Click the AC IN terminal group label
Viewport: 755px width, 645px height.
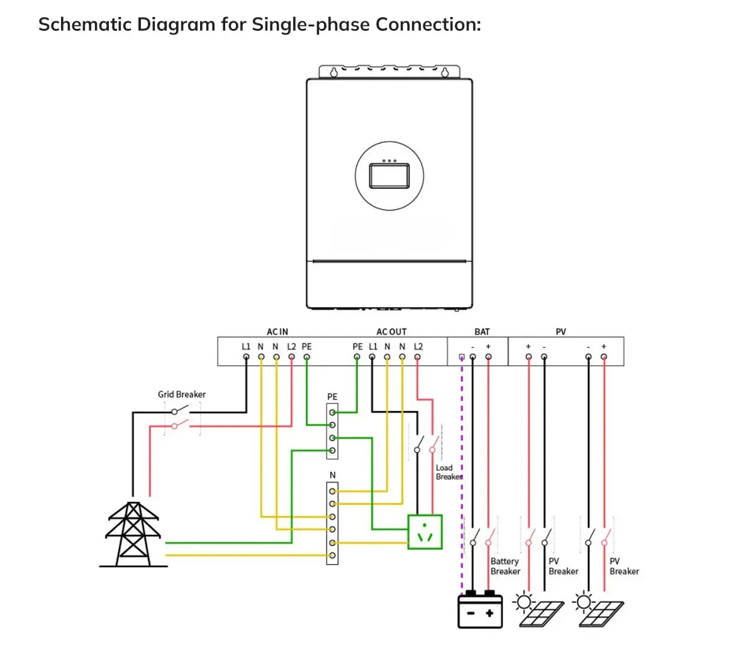coord(277,332)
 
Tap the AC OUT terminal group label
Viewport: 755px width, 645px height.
coord(391,332)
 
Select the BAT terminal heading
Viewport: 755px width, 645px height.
coord(482,332)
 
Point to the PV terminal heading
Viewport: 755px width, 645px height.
coord(561,332)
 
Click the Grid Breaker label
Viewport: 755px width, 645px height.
coord(182,395)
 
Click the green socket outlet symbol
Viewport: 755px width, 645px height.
coord(425,532)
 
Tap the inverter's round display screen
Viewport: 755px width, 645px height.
coord(389,175)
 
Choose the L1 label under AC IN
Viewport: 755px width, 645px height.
coord(246,347)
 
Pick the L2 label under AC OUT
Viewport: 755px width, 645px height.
coord(418,347)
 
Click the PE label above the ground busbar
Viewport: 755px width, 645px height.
coord(332,397)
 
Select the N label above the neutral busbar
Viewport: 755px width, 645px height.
coord(332,475)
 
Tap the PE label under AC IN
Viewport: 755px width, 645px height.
coord(306,347)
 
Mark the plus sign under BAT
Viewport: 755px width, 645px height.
coord(488,347)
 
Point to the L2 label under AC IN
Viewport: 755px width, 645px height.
coord(291,347)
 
